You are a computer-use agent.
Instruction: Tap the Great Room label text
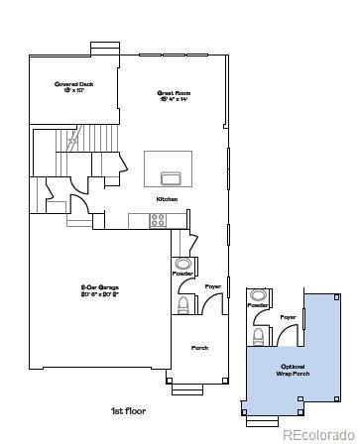tap(172, 93)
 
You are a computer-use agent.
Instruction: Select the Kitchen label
tap(167, 199)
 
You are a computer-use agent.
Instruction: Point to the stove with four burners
tap(159, 221)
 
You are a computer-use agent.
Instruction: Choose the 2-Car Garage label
tap(101, 287)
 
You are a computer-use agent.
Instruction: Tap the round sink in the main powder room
tap(183, 265)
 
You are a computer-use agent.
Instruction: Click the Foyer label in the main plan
tap(213, 286)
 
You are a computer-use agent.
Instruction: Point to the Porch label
tap(199, 348)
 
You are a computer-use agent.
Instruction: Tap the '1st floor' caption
tap(130, 410)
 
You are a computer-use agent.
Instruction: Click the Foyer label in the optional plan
tap(288, 317)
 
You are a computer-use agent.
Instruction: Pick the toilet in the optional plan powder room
tap(257, 338)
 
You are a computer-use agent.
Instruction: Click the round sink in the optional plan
tap(258, 295)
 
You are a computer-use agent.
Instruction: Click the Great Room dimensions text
tap(172, 101)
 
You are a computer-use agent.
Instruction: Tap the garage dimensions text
tap(101, 295)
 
